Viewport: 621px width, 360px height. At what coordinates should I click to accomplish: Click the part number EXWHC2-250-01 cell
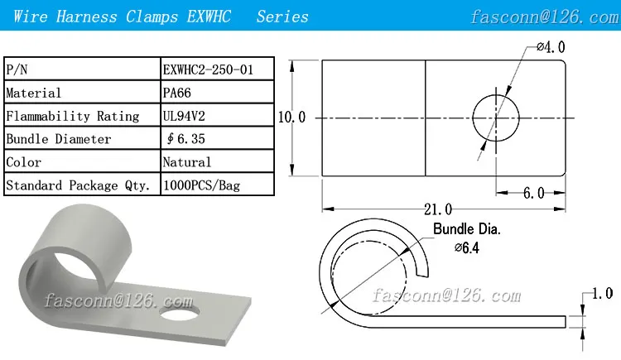(208, 70)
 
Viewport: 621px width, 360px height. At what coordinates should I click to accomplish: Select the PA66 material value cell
(177, 94)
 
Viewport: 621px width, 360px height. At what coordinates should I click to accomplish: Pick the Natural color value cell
(187, 162)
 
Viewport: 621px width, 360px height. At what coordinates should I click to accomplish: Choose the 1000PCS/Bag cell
(201, 185)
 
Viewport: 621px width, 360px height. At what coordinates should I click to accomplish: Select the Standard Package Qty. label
(79, 185)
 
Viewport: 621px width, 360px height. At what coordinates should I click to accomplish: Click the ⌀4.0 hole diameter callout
(550, 48)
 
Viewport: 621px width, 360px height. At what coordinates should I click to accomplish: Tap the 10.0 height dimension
(291, 118)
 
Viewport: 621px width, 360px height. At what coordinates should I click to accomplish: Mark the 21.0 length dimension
(436, 209)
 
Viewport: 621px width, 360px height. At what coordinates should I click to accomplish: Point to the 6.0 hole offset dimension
(532, 193)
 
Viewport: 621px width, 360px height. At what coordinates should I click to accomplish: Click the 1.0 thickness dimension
(602, 294)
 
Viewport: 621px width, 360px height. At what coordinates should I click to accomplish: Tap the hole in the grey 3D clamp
(181, 315)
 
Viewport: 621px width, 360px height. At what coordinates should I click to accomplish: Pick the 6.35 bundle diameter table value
(188, 139)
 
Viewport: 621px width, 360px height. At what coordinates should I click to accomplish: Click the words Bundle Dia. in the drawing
(467, 228)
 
